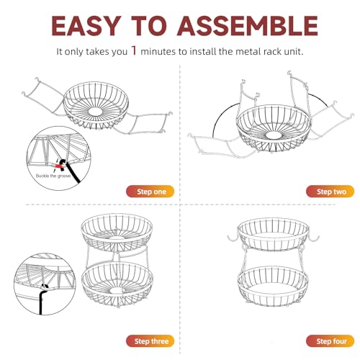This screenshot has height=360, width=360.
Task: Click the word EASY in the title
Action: click(86, 26)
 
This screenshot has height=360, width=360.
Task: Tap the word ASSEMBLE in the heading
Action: click(248, 26)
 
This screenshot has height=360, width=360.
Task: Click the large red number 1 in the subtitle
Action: click(134, 50)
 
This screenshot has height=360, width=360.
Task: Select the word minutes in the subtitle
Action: click(158, 52)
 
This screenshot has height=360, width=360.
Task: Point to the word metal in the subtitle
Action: click(246, 52)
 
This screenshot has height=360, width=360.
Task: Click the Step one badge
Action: click(150, 192)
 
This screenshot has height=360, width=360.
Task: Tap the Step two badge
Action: click(330, 192)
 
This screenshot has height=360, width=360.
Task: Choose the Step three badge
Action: click(150, 341)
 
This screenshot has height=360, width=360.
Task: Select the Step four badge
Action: click(330, 341)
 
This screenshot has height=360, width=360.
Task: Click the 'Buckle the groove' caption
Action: click(53, 176)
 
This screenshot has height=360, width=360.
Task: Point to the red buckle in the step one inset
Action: click(58, 165)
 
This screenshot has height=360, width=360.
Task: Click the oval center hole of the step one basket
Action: click(95, 111)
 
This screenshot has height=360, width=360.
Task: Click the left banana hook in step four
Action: click(233, 239)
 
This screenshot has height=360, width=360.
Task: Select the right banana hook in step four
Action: click(314, 239)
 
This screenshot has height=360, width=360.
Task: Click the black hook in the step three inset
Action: click(42, 297)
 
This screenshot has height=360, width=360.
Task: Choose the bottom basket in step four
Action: click(274, 286)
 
